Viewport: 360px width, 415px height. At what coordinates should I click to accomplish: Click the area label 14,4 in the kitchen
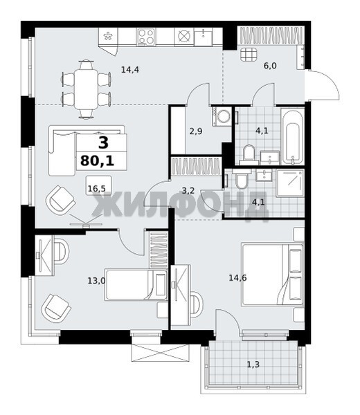click(x=130, y=70)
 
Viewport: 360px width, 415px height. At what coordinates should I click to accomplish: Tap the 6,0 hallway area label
click(x=270, y=66)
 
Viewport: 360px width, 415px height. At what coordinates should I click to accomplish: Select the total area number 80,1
click(x=98, y=160)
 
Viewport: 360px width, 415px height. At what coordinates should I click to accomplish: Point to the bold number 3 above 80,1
click(x=103, y=142)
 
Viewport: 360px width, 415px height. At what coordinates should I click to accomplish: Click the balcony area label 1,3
click(x=253, y=365)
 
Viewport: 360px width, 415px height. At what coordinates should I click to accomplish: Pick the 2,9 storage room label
click(x=196, y=131)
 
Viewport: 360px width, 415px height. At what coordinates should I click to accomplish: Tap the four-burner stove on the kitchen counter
click(x=147, y=37)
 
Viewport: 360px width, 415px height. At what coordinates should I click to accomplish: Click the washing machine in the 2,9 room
click(x=222, y=116)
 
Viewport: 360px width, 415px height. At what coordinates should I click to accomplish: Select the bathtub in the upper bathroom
click(x=292, y=136)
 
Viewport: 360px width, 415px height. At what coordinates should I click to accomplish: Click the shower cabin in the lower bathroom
click(x=290, y=183)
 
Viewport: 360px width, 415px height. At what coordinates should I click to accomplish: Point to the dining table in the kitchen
click(x=87, y=89)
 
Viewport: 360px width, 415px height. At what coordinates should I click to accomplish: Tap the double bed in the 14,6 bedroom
click(x=273, y=275)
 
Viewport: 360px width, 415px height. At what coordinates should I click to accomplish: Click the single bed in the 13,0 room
click(x=136, y=285)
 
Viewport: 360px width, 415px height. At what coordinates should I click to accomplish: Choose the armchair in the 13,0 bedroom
click(x=56, y=308)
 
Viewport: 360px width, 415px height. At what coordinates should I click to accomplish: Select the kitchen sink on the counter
click(x=204, y=37)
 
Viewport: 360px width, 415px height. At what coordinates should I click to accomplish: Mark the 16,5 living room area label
click(x=97, y=189)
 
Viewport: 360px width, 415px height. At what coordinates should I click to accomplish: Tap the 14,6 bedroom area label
click(x=237, y=278)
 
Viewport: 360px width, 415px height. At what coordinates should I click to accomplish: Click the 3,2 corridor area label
click(x=188, y=190)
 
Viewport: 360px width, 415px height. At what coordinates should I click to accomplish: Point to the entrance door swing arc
click(x=332, y=81)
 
